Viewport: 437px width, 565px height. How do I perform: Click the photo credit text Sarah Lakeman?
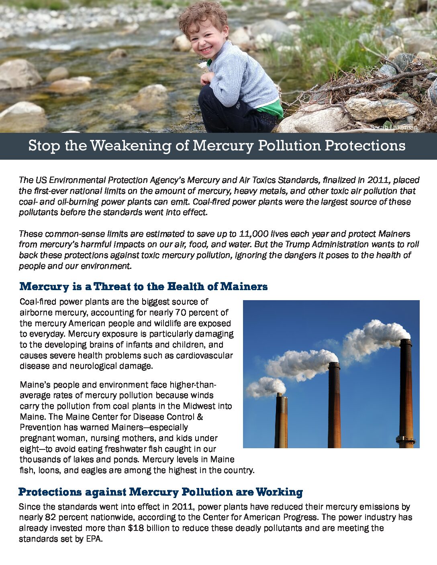pyautogui.click(x=394, y=127)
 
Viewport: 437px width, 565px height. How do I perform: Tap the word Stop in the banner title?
pyautogui.click(x=44, y=146)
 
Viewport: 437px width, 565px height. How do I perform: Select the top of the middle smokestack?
pyautogui.click(x=334, y=365)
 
